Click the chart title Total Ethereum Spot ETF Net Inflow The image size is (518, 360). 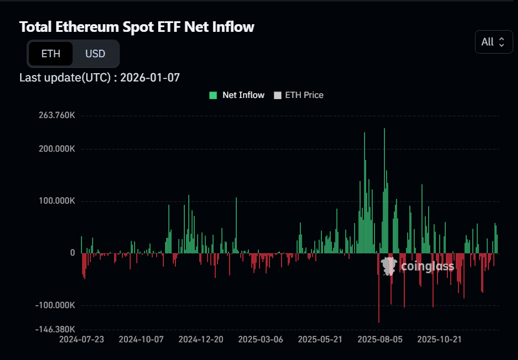pos(137,27)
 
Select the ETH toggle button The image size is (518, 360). pos(51,54)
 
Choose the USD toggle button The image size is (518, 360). pos(95,54)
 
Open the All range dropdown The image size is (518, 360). pos(493,42)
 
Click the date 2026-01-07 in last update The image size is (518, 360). pos(150,77)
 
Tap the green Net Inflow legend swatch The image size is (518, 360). pos(213,95)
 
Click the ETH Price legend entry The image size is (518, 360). pos(299,95)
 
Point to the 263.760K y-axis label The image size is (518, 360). pos(57,115)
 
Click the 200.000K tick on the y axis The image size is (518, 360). pos(57,149)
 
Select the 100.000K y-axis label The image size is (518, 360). pos(57,201)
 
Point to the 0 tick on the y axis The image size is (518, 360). pos(73,253)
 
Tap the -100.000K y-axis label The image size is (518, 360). pos(55,305)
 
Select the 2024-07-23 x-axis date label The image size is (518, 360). pos(81,339)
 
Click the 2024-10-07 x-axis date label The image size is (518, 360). pos(141,339)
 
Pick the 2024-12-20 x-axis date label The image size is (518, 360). pos(201,339)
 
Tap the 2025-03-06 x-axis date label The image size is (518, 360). pos(261,339)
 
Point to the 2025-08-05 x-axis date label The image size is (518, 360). pos(380,339)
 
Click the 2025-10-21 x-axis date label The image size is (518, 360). pos(440,339)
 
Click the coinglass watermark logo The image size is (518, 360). pos(417,266)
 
